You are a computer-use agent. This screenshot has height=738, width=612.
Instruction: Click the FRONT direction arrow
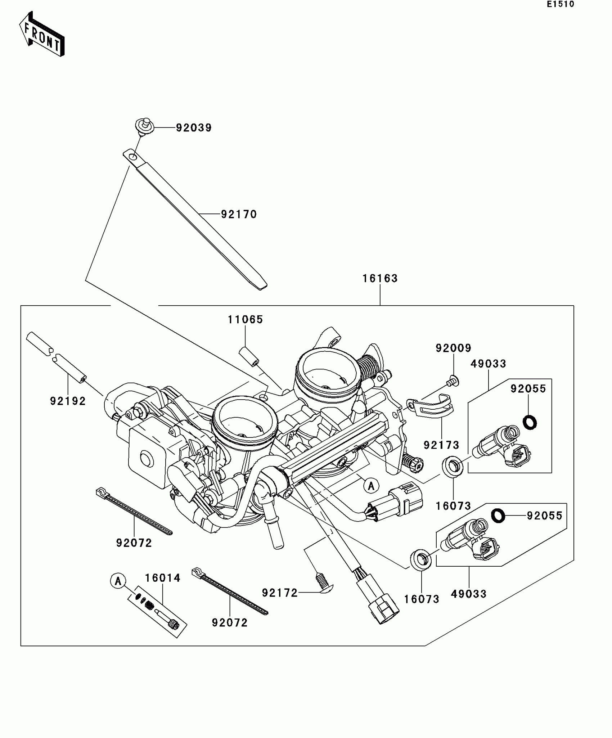[41, 34]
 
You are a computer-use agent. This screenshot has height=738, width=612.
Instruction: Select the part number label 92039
[194, 128]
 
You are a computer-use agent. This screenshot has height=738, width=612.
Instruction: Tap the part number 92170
[239, 215]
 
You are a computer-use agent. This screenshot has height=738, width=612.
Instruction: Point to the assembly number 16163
[380, 278]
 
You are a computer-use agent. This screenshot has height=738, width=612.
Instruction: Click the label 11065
[246, 319]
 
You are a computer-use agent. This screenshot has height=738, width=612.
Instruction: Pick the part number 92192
[68, 401]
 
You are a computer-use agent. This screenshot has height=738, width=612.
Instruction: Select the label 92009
[453, 348]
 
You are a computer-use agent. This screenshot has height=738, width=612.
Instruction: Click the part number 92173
[441, 445]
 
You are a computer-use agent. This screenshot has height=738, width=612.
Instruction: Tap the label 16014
[163, 578]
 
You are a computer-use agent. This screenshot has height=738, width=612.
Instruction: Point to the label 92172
[280, 593]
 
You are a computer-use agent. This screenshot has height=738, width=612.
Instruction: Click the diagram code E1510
[561, 4]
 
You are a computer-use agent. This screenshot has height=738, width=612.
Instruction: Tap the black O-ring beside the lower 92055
[498, 516]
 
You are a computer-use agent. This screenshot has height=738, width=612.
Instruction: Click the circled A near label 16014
[118, 581]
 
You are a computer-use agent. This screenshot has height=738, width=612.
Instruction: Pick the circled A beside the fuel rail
[371, 486]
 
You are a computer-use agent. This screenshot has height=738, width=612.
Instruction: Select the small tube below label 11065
[249, 356]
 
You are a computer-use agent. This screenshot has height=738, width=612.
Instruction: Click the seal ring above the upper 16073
[453, 466]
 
